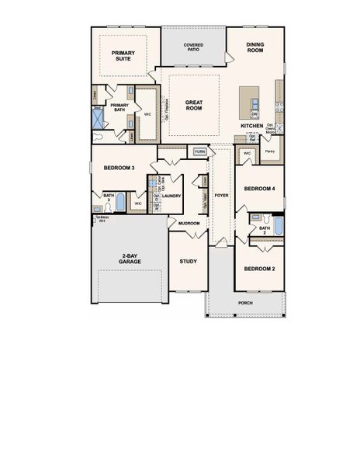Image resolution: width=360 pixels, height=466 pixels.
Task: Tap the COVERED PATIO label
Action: click(x=193, y=47)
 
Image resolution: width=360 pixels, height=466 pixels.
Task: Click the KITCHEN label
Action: click(x=251, y=125)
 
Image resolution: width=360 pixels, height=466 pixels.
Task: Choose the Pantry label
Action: click(x=270, y=151)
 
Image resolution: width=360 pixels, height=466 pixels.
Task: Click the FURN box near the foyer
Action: click(x=199, y=151)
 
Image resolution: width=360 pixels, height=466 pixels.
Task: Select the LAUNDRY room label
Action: click(x=171, y=196)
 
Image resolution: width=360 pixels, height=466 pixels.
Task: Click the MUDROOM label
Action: click(x=189, y=224)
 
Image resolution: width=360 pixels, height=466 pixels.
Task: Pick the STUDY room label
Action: click(x=189, y=261)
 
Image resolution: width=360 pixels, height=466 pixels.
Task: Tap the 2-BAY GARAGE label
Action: click(x=129, y=259)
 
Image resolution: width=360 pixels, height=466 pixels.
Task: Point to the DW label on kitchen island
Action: click(x=254, y=114)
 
